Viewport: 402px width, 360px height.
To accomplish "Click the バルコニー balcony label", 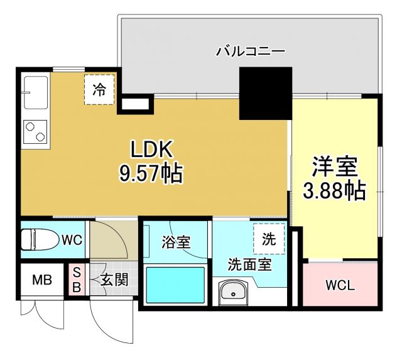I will (250, 50).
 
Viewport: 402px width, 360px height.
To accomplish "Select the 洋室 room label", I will (335, 166).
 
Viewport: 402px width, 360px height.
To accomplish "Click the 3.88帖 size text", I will (335, 191).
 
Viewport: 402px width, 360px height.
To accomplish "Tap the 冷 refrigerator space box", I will (100, 89).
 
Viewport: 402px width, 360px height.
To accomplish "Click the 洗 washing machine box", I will (268, 239).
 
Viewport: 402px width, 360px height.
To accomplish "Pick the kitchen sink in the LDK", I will (36, 93).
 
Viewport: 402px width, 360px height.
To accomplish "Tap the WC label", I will (72, 239).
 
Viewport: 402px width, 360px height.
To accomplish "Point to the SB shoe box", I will (77, 280).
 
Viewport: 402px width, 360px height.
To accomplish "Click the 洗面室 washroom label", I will (249, 265).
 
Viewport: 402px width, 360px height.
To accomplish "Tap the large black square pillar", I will (265, 93).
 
